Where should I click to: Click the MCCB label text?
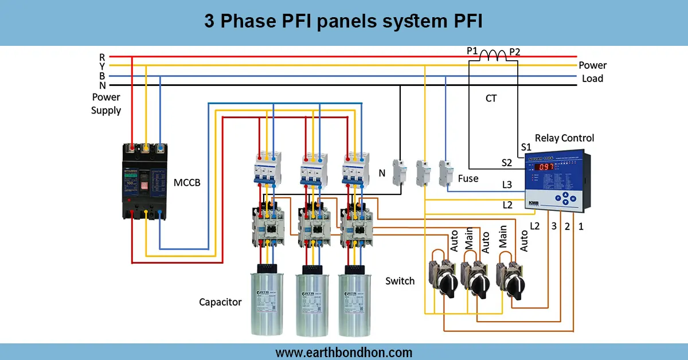[187, 183]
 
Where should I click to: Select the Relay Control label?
[564, 138]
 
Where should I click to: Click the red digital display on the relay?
[545, 167]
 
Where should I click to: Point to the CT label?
[491, 99]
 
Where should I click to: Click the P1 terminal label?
[472, 51]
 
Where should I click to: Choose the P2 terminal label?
[514, 51]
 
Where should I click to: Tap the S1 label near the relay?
[526, 147]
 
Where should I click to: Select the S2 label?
[506, 163]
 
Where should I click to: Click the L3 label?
[507, 185]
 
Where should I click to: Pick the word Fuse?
[468, 178]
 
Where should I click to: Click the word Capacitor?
[220, 302]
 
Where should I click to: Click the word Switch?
[400, 281]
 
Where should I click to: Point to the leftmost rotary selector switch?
[446, 279]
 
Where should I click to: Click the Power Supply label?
[105, 104]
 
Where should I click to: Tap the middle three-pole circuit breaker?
[313, 169]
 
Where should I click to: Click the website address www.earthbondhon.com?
[343, 352]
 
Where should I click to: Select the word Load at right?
[592, 79]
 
